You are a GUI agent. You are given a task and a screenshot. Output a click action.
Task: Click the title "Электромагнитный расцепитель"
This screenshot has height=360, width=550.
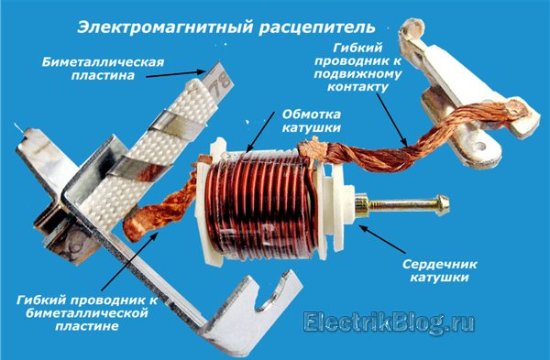point(226,27)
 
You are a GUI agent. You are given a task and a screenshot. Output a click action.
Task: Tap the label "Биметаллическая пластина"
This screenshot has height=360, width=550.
point(103,69)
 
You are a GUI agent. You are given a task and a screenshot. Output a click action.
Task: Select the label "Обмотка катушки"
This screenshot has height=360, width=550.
point(312,121)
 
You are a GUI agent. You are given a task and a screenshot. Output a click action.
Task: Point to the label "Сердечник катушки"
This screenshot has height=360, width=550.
point(439,270)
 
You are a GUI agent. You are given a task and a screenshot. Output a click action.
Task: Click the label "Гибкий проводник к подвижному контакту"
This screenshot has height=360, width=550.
point(357,67)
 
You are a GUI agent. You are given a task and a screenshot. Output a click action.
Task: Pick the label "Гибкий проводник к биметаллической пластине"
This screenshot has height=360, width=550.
point(87,313)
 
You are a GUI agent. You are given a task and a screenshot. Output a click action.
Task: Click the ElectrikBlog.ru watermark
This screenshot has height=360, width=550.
point(389,322)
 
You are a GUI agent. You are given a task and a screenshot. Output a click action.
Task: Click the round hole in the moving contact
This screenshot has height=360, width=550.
point(479,144)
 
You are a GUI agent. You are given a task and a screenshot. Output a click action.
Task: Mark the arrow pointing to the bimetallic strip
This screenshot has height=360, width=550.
point(175,74)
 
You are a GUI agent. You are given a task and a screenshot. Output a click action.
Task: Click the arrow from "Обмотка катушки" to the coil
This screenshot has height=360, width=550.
point(260,133)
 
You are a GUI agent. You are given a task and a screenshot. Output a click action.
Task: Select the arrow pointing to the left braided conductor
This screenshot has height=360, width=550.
point(129,261)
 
